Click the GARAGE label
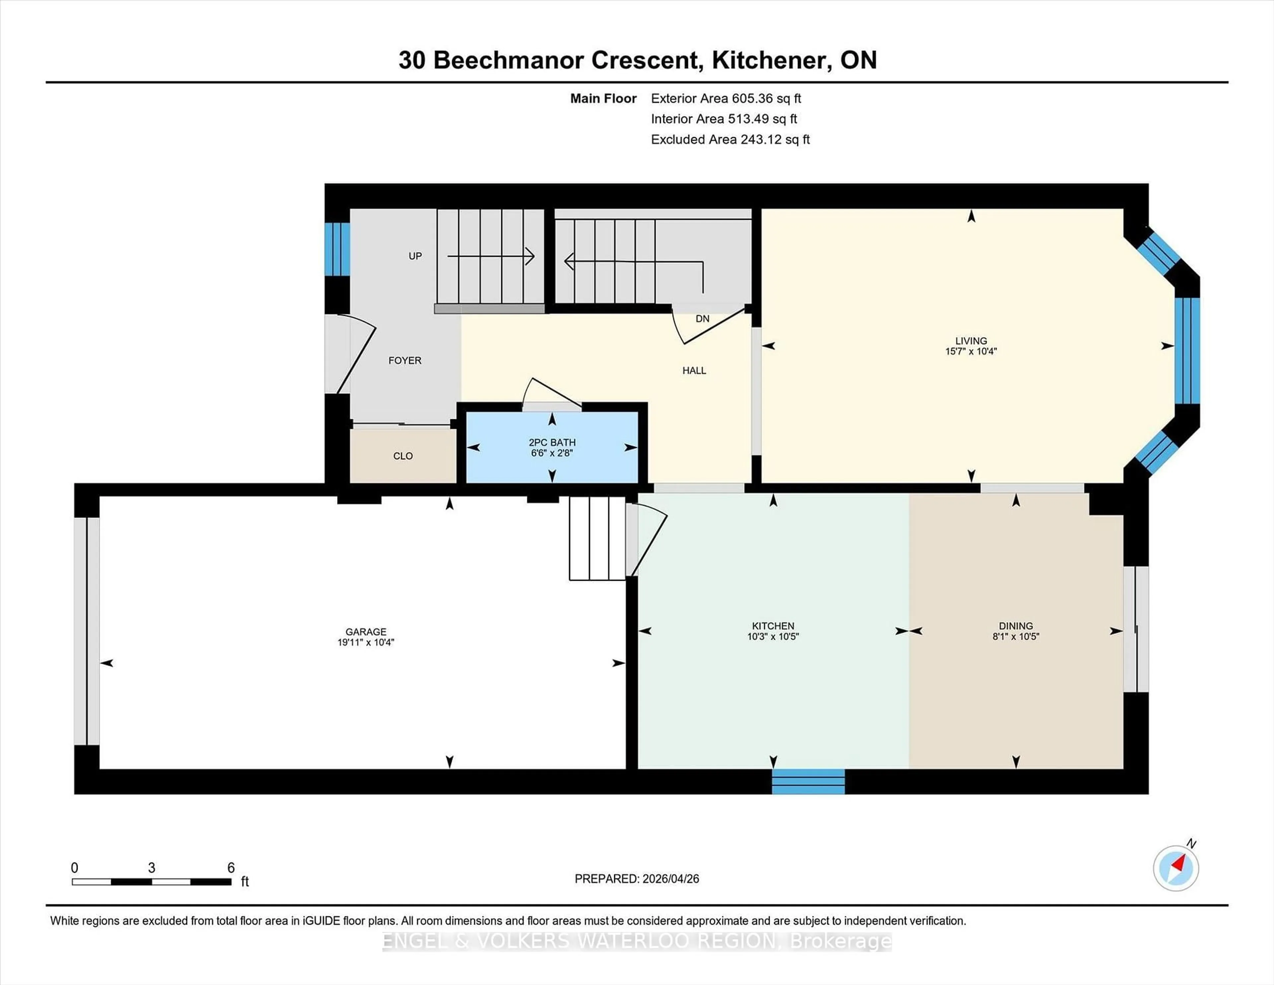pyautogui.click(x=366, y=631)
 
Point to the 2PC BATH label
pyautogui.click(x=552, y=442)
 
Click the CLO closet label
pyautogui.click(x=402, y=456)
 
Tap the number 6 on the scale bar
pyautogui.click(x=231, y=868)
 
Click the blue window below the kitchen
pyautogui.click(x=808, y=781)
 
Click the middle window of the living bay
pyautogui.click(x=1186, y=351)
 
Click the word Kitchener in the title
pyautogui.click(x=771, y=60)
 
